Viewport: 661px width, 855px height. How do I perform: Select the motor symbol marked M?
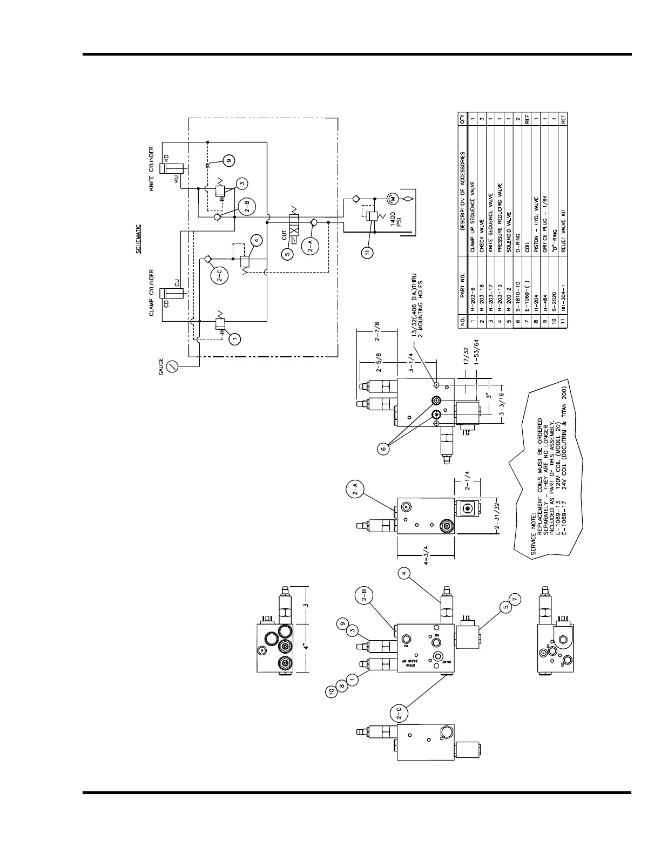click(392, 199)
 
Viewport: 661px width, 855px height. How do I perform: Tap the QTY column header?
click(462, 120)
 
